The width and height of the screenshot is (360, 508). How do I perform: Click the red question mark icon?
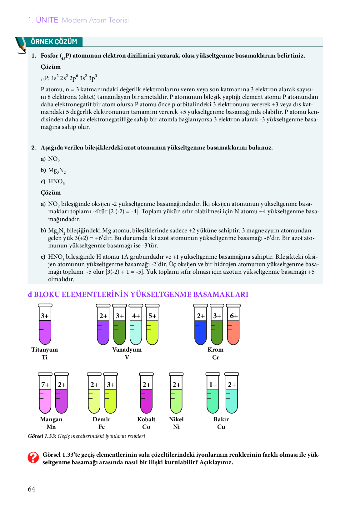(x=33, y=458)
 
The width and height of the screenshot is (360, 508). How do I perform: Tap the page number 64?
(x=32, y=489)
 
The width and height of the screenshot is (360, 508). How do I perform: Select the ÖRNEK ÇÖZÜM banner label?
(x=54, y=42)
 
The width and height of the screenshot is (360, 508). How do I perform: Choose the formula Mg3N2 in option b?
(x=57, y=170)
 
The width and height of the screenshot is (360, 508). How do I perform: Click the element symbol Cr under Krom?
(x=216, y=357)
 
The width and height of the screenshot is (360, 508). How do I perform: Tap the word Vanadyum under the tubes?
(x=127, y=350)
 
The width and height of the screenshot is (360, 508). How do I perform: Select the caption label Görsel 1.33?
(x=42, y=436)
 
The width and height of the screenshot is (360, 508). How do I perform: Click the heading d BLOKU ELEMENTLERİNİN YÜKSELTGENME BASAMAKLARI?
(x=138, y=294)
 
